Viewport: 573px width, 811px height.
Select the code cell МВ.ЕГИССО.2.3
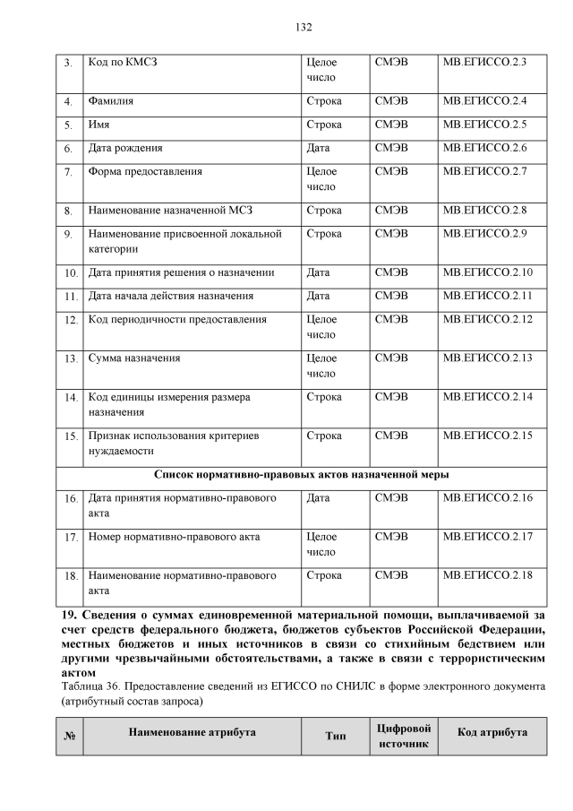[484, 62]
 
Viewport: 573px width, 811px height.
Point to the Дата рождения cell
[124, 147]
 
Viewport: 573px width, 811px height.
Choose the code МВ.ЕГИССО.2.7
[484, 171]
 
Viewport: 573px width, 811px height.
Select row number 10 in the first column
[70, 273]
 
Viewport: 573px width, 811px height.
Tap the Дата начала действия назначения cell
[170, 296]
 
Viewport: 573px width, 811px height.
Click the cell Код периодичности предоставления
[176, 319]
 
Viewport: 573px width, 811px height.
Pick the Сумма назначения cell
[133, 358]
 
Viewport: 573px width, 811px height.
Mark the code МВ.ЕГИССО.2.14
[487, 396]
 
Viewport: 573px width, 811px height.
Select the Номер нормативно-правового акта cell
[174, 537]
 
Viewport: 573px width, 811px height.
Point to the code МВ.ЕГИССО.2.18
[487, 575]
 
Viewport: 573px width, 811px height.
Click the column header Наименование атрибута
[192, 732]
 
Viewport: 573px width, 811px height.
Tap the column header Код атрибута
[492, 732]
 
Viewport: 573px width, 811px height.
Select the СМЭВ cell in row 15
[391, 436]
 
